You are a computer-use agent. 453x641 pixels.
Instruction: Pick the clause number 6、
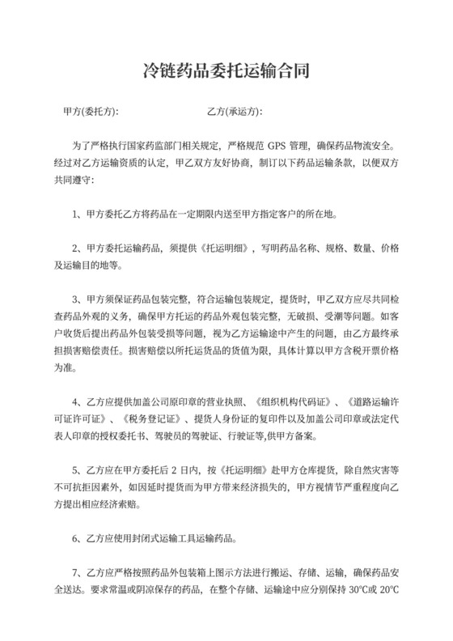(78, 537)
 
